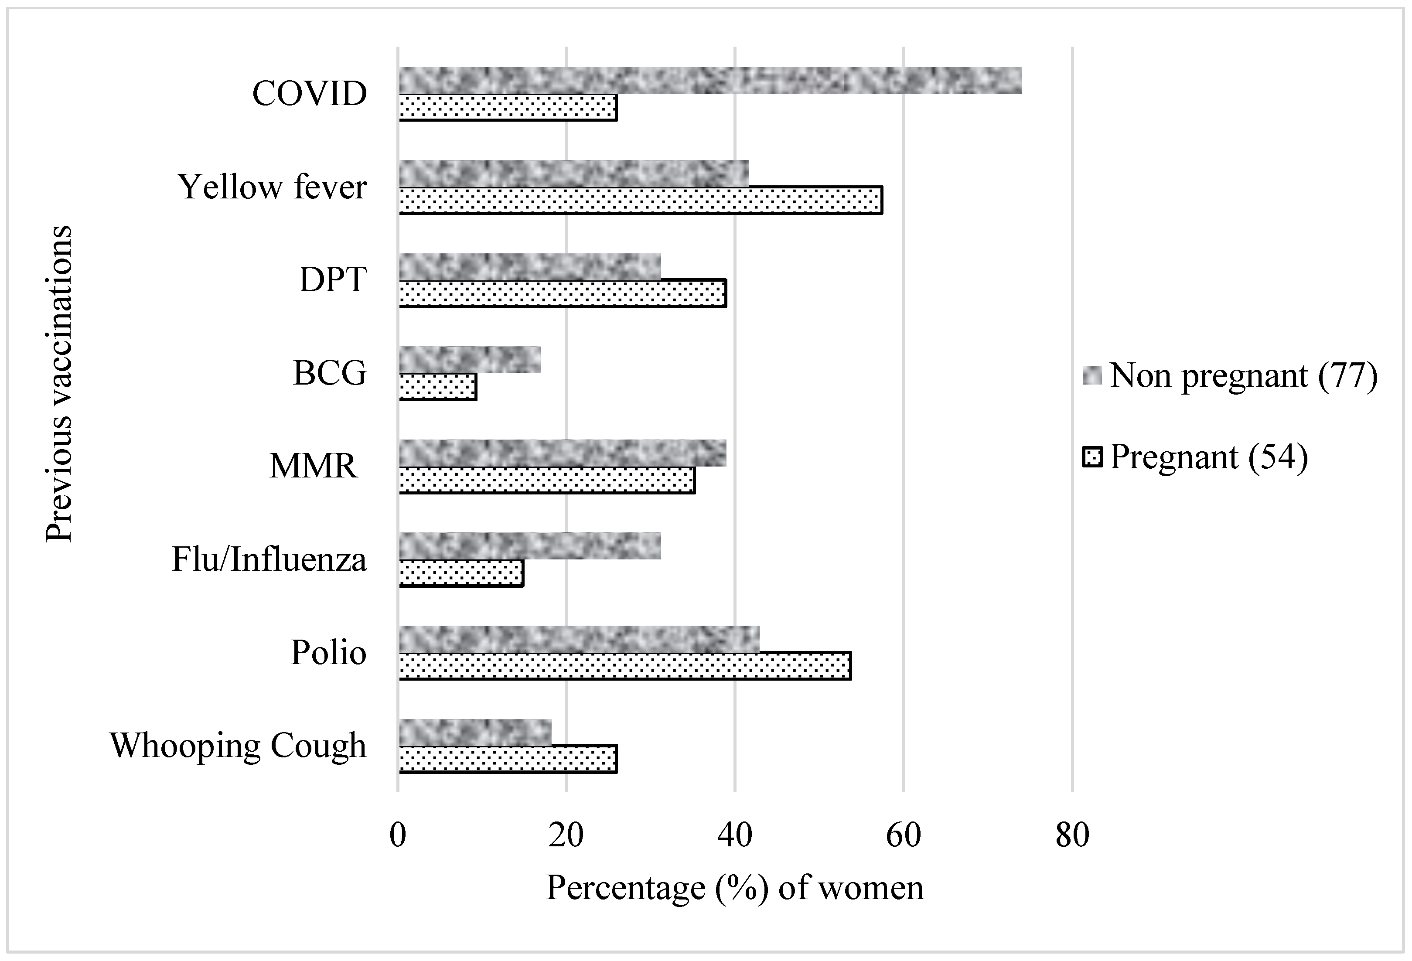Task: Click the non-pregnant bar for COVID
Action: coord(709,80)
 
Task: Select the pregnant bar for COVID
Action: coord(508,108)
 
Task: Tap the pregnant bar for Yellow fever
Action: coord(641,201)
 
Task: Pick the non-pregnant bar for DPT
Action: coord(530,267)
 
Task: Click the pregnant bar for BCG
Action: coord(437,387)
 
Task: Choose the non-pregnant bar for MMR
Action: coord(562,453)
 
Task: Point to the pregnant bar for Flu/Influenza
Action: coord(461,573)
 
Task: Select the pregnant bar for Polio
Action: coord(624,666)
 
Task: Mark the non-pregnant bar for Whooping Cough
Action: coord(475,732)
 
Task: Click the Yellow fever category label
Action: coord(272,187)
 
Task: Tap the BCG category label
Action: coord(330,373)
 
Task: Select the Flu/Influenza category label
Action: coord(269,559)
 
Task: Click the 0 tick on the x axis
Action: coord(398,835)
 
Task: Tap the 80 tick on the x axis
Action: coord(1072,835)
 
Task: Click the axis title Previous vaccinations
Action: coord(60,383)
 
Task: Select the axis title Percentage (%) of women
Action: coord(734,888)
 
